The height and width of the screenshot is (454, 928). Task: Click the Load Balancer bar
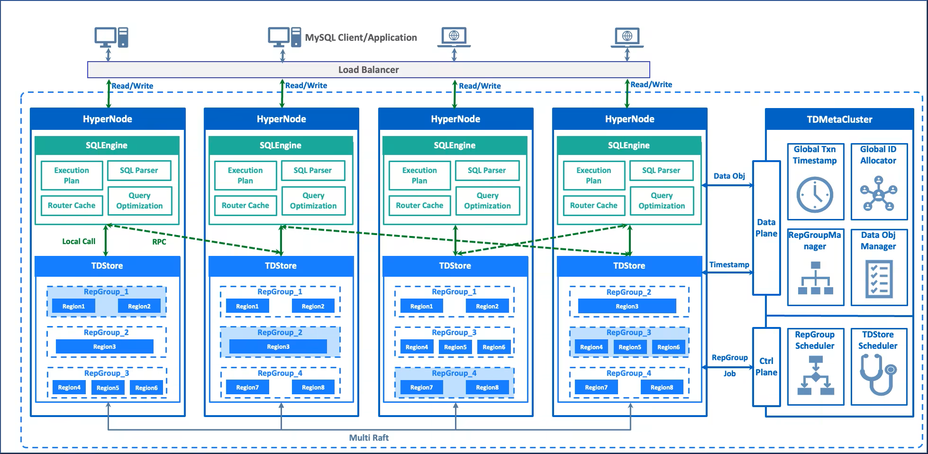tap(368, 70)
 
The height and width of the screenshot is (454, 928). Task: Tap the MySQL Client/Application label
tap(361, 37)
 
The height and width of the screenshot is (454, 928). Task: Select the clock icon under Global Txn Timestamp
tap(815, 195)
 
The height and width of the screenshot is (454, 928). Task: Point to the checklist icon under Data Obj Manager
tap(879, 279)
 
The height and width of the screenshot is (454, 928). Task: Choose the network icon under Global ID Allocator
tap(879, 193)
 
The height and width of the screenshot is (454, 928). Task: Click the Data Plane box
tap(766, 228)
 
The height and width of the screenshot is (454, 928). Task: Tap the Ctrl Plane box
tap(766, 367)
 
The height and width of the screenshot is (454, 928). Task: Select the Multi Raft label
tap(369, 438)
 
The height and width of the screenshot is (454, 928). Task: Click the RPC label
tap(159, 242)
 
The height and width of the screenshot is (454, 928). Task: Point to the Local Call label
tap(79, 241)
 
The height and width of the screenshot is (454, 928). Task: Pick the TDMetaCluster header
tap(839, 119)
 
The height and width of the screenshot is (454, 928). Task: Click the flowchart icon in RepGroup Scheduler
tap(815, 375)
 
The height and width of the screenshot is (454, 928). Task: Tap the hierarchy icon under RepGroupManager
tap(815, 278)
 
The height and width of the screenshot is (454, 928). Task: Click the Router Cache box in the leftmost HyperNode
tap(72, 206)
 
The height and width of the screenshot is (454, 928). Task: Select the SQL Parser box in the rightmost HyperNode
tap(661, 171)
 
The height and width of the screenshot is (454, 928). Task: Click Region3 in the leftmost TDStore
tap(105, 346)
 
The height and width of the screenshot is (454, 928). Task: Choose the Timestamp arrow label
tap(729, 264)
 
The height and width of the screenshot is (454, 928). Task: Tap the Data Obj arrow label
tap(729, 176)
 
